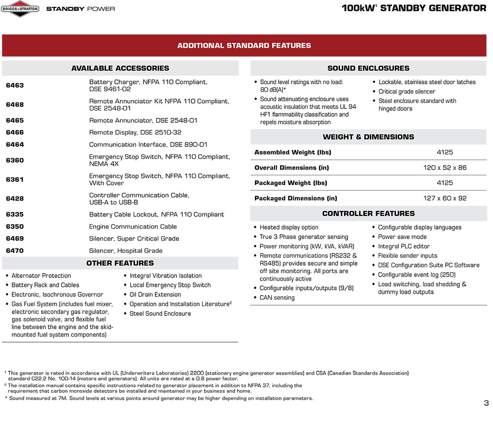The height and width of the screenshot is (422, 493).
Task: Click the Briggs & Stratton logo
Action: coord(20,8)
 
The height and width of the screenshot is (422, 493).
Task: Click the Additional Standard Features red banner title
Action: coord(244,46)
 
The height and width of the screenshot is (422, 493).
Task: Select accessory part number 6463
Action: coord(15,85)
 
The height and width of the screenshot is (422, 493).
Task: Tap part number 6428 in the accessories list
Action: coord(15,199)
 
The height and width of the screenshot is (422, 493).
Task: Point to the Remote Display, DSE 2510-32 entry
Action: coord(135,133)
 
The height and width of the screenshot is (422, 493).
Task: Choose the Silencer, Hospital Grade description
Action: coord(126,250)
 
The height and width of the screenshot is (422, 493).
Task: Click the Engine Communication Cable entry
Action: coord(133,227)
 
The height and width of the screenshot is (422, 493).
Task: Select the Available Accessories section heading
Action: coord(120,69)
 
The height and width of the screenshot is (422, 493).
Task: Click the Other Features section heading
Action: coord(120,263)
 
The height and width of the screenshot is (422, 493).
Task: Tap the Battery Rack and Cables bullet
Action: coord(45,285)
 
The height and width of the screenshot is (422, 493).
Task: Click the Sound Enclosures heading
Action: coord(368,69)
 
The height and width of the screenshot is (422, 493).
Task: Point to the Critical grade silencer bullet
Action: coord(407,92)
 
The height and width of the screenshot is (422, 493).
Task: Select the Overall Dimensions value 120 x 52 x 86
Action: coord(445,168)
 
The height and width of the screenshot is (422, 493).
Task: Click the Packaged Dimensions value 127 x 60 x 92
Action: coord(445,198)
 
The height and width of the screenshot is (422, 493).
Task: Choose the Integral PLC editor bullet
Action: coord(404,246)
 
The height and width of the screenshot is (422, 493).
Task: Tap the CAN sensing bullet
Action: coord(277,298)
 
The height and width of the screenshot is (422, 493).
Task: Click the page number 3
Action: coord(486,403)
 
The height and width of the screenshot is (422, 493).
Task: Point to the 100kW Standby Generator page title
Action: coord(414,8)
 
